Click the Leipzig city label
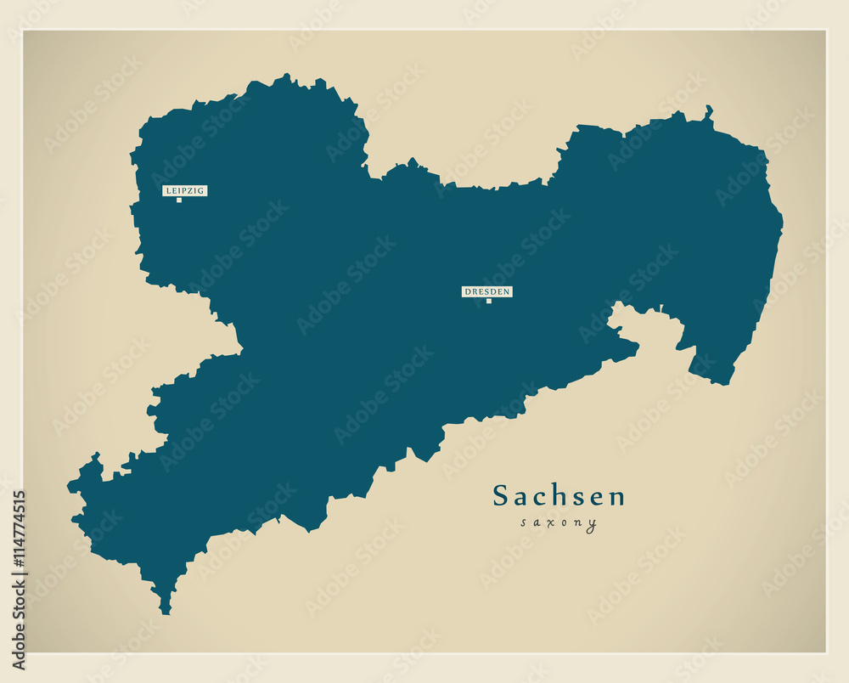pos(185,191)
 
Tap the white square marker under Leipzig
pos(179,200)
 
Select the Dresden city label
pos(487,291)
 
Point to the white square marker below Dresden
pos(489,301)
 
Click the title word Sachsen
pos(559,496)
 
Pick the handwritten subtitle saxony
pos(559,523)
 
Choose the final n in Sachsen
pos(617,499)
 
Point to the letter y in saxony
pos(592,525)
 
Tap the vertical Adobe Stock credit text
pos(19,629)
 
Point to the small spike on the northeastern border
pos(708,110)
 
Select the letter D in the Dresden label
pos(466,291)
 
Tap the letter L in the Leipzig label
pos(168,191)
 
